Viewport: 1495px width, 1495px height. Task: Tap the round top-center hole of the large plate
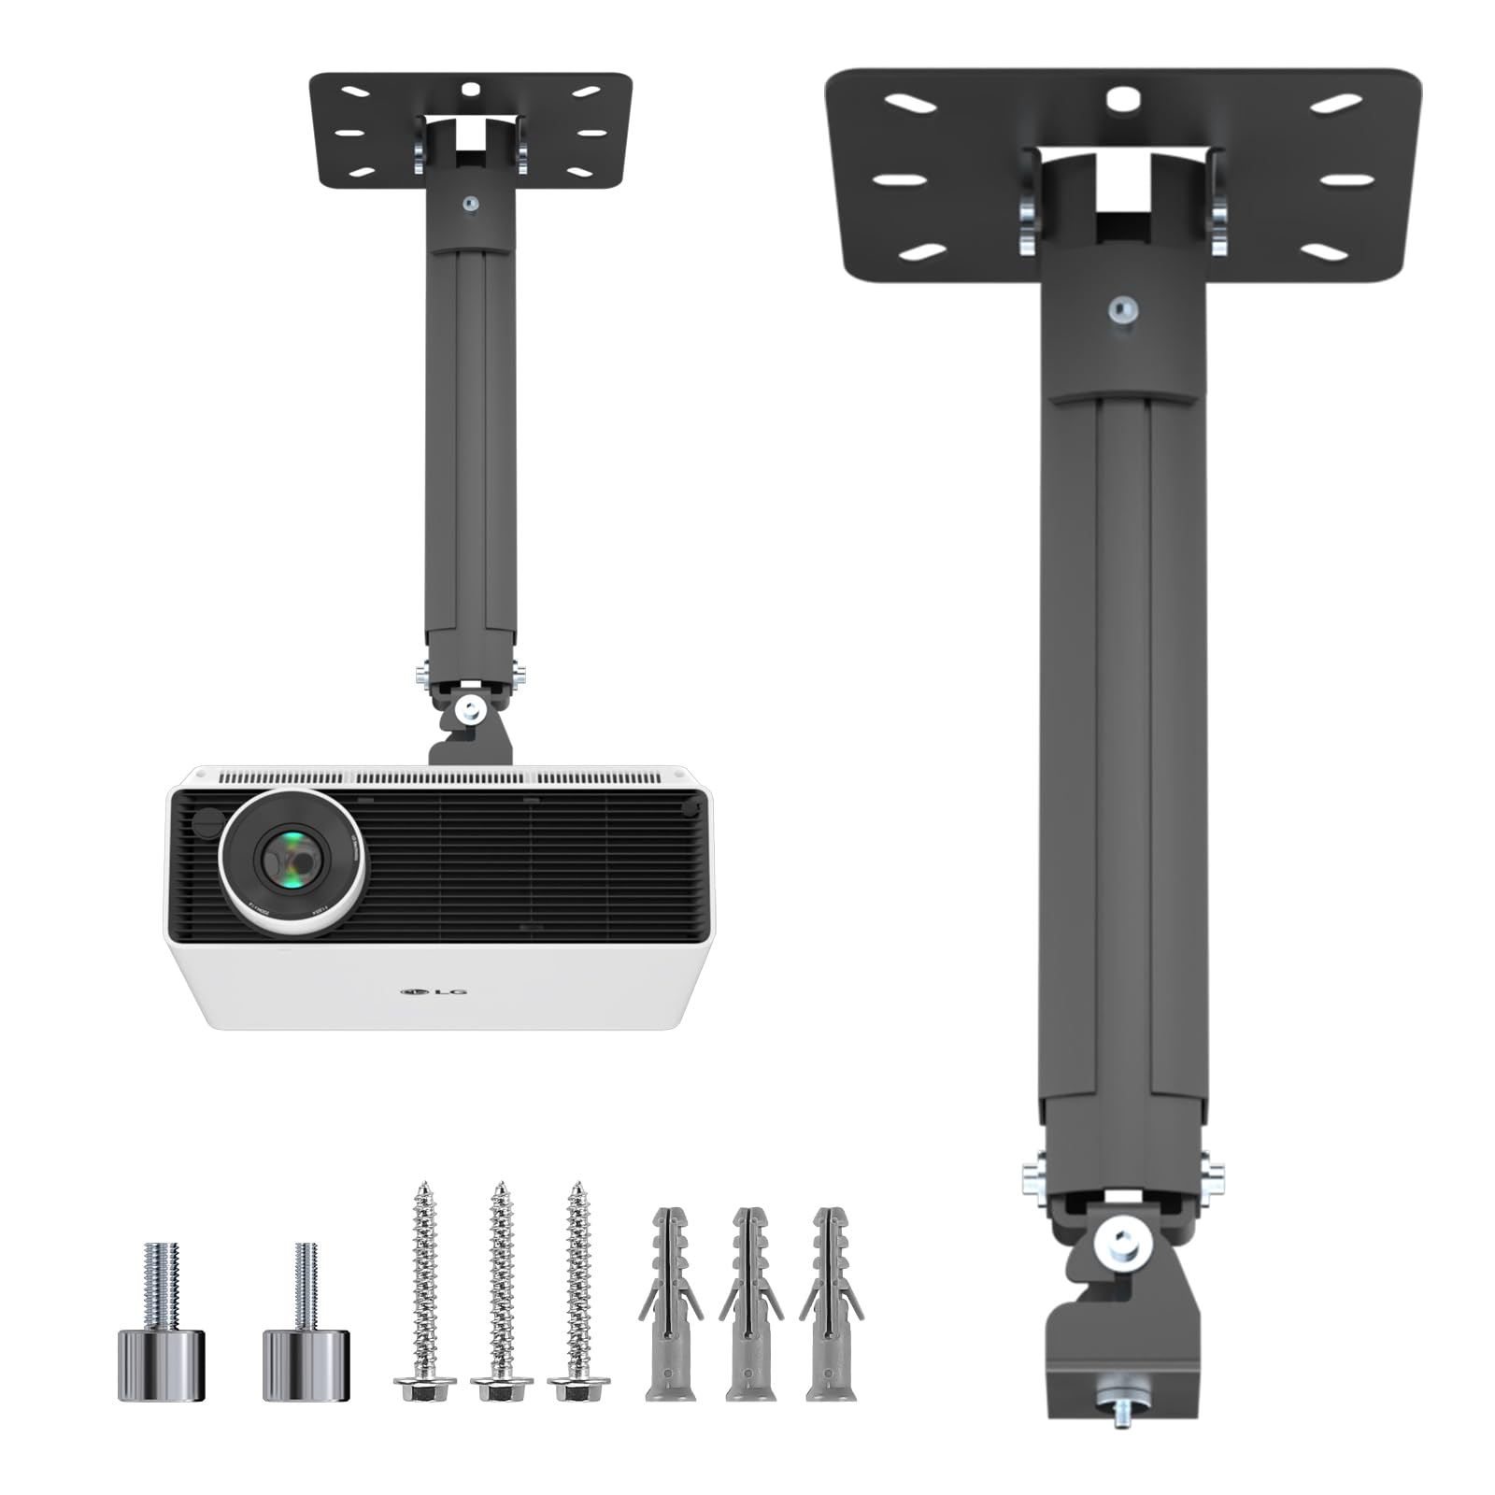coord(1122,97)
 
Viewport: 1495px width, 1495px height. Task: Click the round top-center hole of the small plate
coord(470,89)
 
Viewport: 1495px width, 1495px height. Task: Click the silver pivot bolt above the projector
coord(470,710)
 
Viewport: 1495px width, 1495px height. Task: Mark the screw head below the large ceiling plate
coord(1122,310)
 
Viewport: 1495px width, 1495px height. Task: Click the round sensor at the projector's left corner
coord(206,820)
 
